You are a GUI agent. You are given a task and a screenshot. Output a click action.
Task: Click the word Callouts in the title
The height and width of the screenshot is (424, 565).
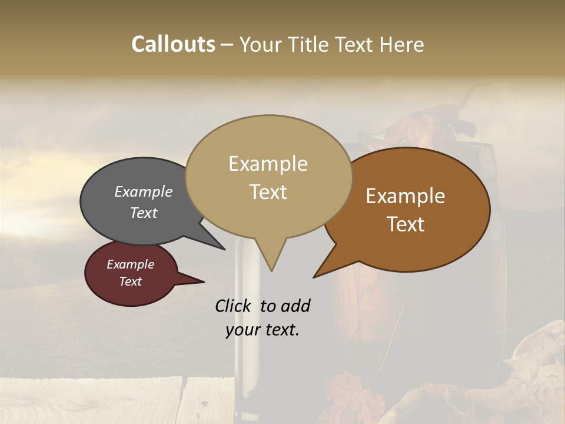pyautogui.click(x=173, y=44)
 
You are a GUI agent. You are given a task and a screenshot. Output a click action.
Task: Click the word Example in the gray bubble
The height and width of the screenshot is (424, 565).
pyautogui.click(x=143, y=192)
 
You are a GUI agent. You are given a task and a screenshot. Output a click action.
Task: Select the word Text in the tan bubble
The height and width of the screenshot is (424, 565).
pyautogui.click(x=268, y=192)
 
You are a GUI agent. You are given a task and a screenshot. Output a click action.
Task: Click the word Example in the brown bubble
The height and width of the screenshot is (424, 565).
pyautogui.click(x=406, y=196)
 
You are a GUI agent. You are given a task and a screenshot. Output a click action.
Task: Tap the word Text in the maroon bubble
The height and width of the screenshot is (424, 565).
pyautogui.click(x=130, y=281)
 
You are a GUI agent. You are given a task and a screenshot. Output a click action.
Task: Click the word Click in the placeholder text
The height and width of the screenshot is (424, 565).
pyautogui.click(x=234, y=306)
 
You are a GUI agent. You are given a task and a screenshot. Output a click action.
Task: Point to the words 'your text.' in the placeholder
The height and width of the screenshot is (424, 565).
pyautogui.click(x=262, y=330)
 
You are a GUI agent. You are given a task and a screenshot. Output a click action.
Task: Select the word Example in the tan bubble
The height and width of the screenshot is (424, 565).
pyautogui.click(x=268, y=164)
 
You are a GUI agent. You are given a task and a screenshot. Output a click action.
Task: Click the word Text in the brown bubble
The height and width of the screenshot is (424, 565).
pyautogui.click(x=406, y=224)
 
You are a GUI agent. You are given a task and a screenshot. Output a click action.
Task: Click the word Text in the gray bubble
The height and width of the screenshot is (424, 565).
pyautogui.click(x=143, y=213)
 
